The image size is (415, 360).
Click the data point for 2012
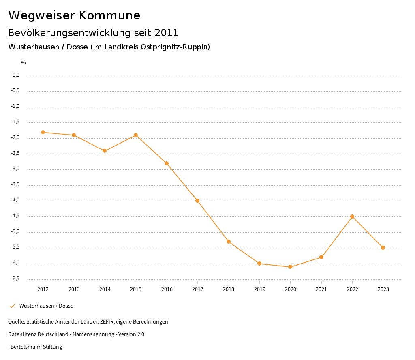43,132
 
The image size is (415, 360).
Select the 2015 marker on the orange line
136,135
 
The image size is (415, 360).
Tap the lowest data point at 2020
290,267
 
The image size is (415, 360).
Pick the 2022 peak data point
352,216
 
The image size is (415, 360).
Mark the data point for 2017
197,201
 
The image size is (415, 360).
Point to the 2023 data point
383,248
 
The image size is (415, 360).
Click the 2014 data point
105,151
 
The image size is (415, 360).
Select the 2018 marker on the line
229,242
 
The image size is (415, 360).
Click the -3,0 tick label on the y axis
16,169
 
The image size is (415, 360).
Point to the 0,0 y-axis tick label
16,75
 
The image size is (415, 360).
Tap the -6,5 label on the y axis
16,279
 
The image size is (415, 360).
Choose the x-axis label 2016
167,289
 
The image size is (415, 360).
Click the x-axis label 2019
259,289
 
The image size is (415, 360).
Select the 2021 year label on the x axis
321,289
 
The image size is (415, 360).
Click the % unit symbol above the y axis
24,62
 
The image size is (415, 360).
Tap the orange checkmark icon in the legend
12,306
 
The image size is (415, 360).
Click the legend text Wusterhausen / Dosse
46,306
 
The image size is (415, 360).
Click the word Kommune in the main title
109,15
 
